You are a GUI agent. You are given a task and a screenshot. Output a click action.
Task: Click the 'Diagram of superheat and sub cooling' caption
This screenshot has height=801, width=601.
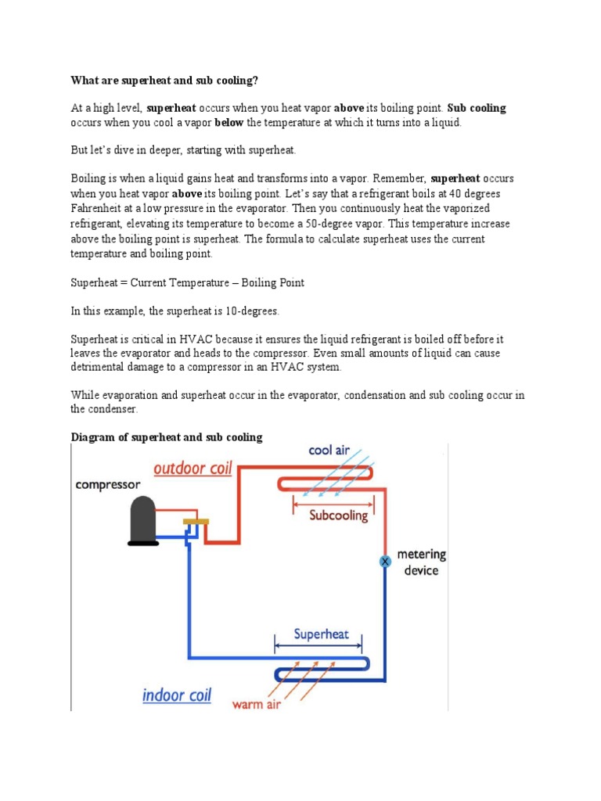click(167, 437)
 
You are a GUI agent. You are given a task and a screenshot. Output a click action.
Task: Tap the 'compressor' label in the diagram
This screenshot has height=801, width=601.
click(108, 485)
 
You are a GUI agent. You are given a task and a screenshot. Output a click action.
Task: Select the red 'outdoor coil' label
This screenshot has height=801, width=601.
click(193, 469)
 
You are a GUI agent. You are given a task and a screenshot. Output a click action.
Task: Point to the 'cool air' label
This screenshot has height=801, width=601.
click(329, 451)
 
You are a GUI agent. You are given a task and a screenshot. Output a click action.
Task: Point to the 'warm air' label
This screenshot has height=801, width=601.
click(257, 704)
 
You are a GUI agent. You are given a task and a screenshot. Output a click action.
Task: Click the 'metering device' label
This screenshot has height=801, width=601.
click(421, 562)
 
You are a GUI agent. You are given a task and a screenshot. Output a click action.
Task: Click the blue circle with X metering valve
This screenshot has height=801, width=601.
click(385, 562)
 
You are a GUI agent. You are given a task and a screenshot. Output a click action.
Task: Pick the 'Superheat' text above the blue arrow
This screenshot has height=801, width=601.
click(321, 634)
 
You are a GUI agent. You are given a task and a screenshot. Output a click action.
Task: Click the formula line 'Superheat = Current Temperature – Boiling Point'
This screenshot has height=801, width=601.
click(188, 282)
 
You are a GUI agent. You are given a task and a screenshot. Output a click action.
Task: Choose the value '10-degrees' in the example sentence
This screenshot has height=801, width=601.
click(253, 311)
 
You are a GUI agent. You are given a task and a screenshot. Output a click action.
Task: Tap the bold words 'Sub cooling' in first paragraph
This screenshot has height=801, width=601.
click(477, 108)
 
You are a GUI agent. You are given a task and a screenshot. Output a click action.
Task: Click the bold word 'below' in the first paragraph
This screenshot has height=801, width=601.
click(229, 123)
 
